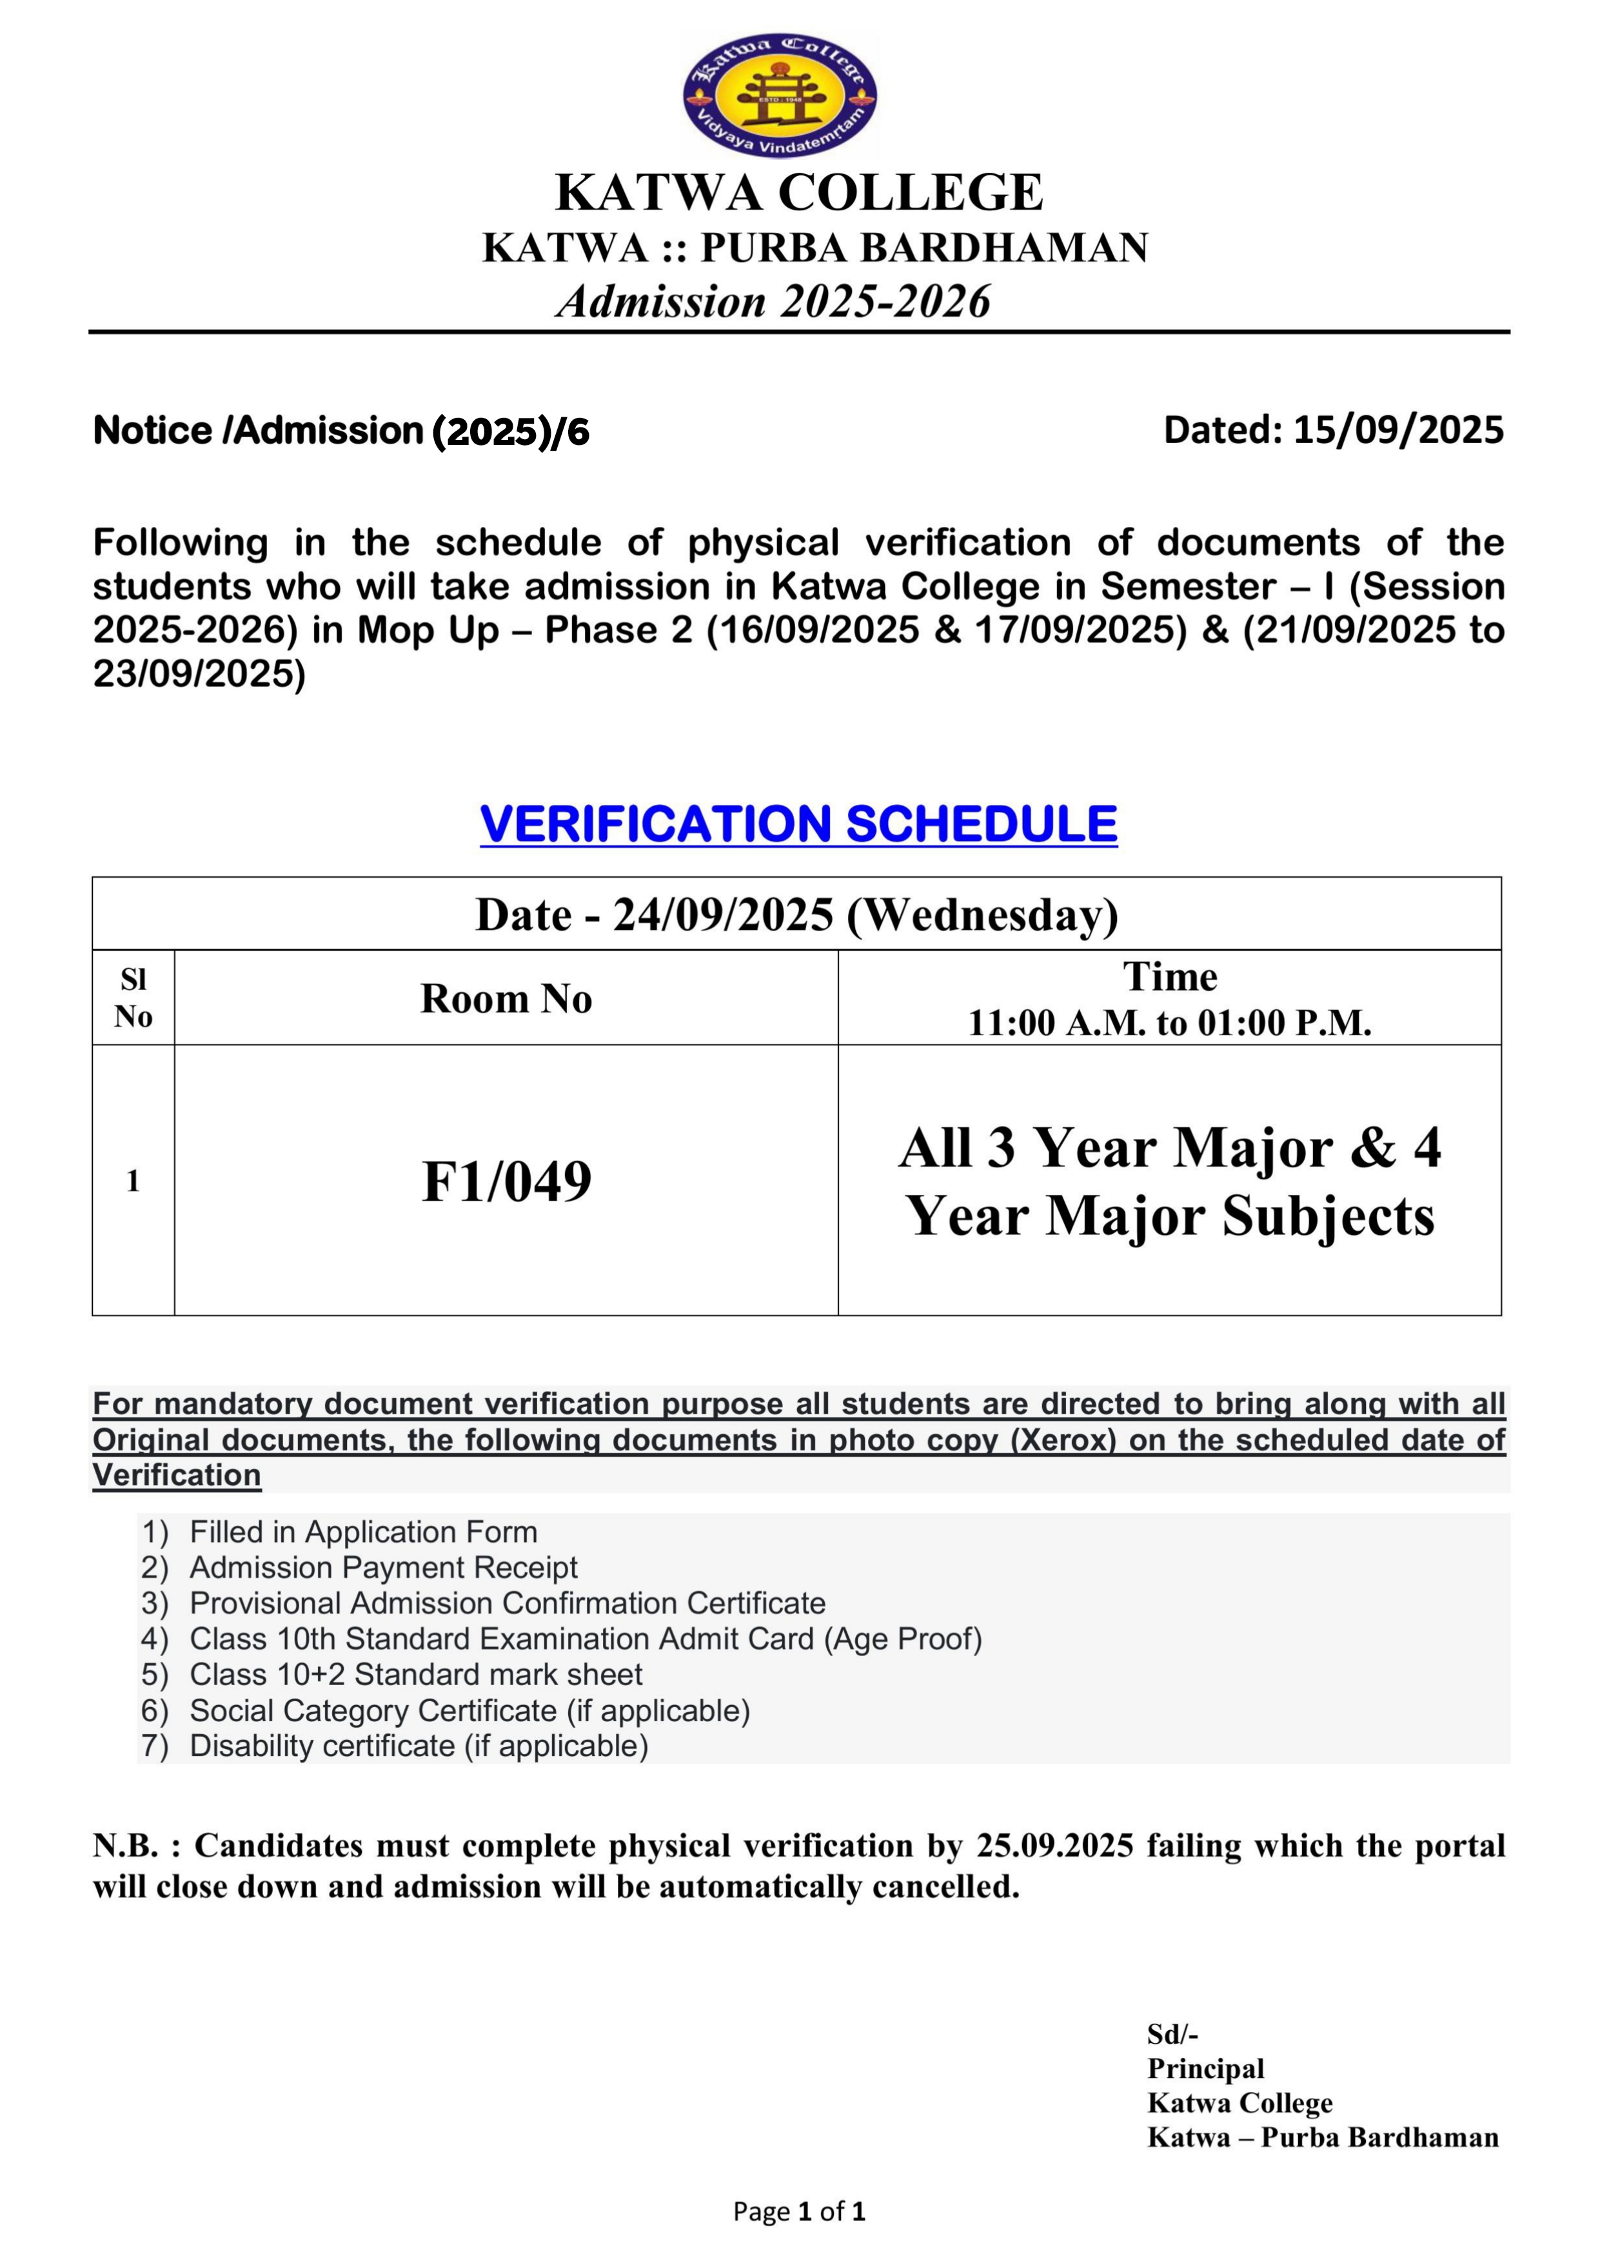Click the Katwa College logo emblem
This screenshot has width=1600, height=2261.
coord(779,95)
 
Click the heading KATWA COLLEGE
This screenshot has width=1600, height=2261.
coord(799,192)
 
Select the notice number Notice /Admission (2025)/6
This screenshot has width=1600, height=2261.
coord(341,431)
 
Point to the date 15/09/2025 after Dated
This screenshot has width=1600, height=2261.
coord(1398,429)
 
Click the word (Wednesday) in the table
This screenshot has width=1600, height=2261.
coord(982,914)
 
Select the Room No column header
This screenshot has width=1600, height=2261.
coord(506,998)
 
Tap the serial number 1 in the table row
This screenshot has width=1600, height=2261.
coord(133,1180)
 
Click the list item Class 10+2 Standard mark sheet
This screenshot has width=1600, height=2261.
coord(416,1674)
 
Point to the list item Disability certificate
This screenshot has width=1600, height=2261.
coord(419,1746)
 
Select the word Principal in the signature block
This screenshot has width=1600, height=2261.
coord(1205,2069)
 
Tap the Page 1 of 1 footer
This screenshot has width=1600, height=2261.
coord(799,2212)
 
